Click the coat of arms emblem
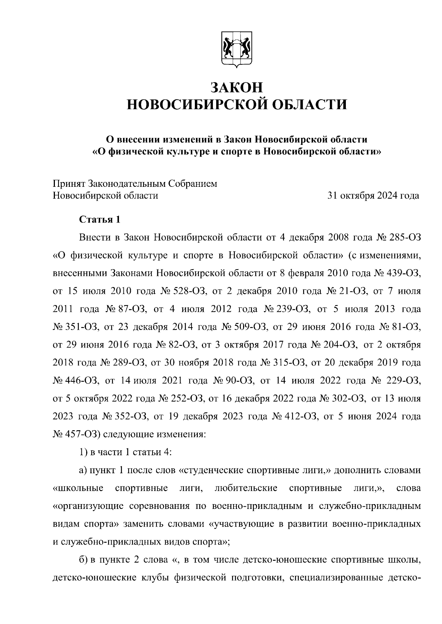[x=236, y=51]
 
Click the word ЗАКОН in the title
[x=236, y=87]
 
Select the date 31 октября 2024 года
[x=373, y=196]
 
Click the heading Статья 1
[x=100, y=220]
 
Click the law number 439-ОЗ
[x=402, y=274]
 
